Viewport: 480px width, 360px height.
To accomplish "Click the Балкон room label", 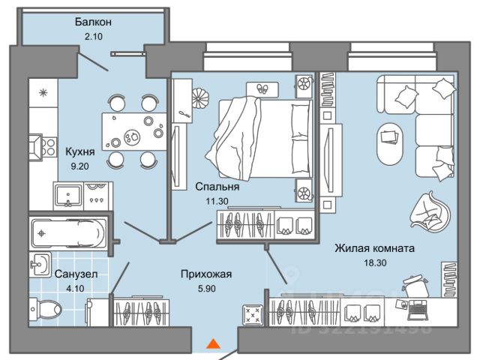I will tap(94, 22).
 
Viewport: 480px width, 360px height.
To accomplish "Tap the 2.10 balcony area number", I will tap(94, 35).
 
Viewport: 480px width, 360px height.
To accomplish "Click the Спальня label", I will tap(217, 187).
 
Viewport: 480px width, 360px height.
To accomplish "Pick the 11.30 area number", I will tap(217, 201).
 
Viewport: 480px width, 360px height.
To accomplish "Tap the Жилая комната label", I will tap(374, 247).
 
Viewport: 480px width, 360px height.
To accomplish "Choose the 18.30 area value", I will tap(374, 262).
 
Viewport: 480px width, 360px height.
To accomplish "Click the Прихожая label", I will tap(206, 274).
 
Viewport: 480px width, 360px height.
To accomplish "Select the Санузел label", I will tap(75, 274).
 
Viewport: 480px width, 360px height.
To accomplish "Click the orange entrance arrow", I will tap(214, 344).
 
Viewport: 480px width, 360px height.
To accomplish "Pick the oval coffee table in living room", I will tap(390, 142).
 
